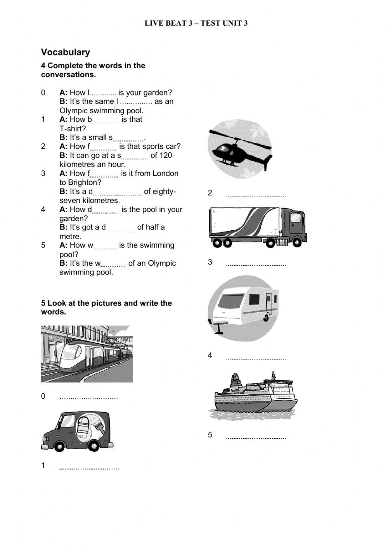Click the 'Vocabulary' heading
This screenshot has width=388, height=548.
(65, 52)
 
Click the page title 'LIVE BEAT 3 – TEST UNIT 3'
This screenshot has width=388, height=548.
(196, 23)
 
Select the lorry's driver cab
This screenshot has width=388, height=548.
(293, 226)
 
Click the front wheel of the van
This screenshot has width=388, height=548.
(59, 446)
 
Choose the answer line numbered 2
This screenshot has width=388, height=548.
(256, 196)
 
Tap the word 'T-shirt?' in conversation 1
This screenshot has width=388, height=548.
(73, 128)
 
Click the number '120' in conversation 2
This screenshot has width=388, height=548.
(165, 155)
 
